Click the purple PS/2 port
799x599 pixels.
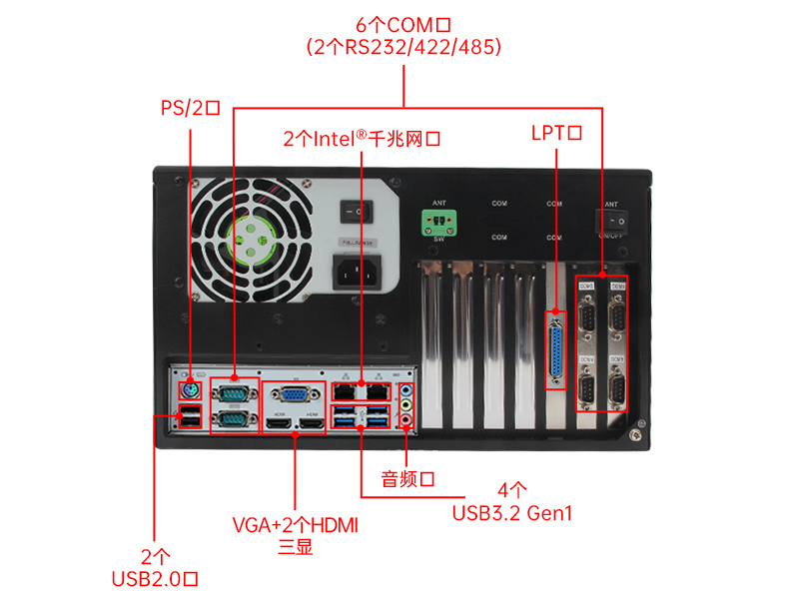tap(189, 389)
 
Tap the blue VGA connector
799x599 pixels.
tap(296, 394)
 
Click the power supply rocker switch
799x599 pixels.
tap(355, 212)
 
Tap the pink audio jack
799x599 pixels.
tap(406, 422)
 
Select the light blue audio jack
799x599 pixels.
tap(406, 390)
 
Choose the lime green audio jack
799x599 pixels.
tap(406, 406)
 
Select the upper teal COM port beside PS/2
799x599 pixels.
tap(233, 394)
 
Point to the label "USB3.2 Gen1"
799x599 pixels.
tap(512, 514)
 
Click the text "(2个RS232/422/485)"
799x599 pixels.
tap(403, 47)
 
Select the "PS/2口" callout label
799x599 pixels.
tap(190, 107)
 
